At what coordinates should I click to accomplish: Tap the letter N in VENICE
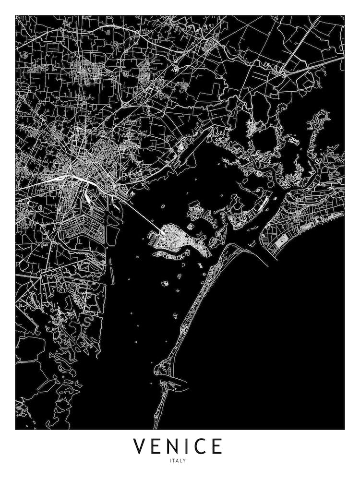(175, 446)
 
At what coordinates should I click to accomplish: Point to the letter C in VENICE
(201, 446)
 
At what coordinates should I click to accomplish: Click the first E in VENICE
(158, 446)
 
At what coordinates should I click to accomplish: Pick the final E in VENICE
(217, 446)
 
